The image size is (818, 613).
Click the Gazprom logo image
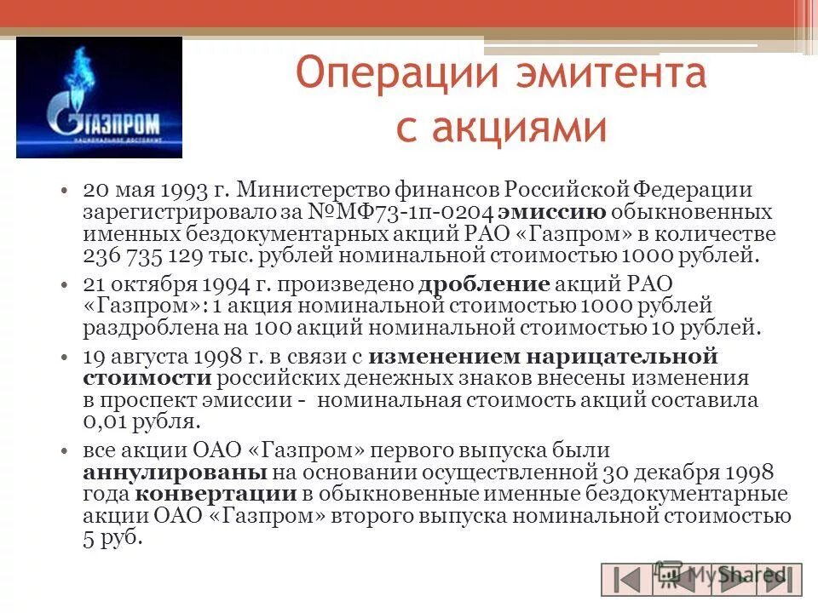click(99, 97)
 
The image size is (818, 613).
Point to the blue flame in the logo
click(84, 68)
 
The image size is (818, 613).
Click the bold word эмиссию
click(552, 212)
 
